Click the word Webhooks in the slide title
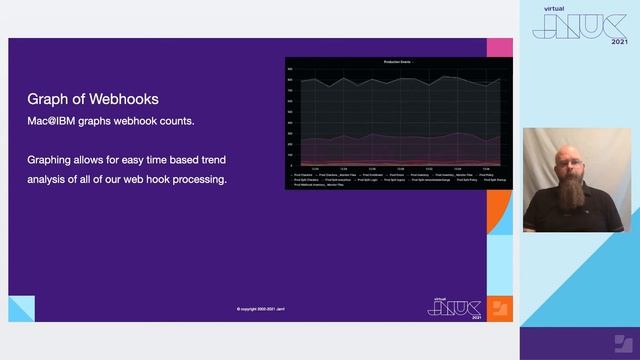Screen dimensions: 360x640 coord(122,100)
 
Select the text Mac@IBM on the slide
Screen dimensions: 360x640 coord(51,121)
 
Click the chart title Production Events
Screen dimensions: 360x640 coord(397,62)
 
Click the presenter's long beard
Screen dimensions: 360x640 coord(564,197)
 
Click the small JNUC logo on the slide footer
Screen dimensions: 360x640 coord(454,306)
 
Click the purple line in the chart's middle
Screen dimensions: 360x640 coord(400,136)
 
